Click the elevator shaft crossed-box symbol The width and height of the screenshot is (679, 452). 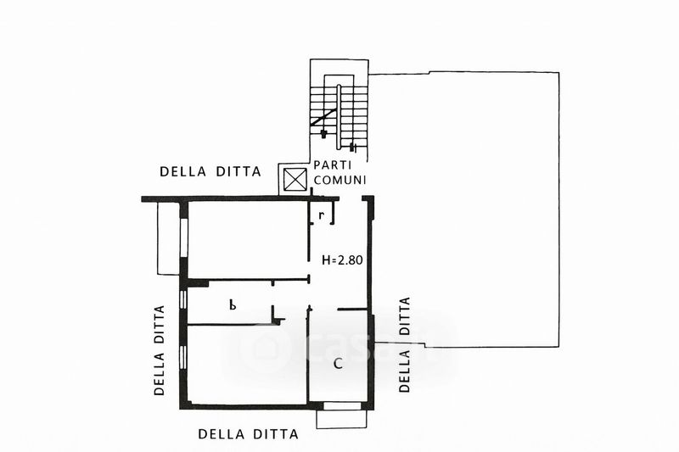(295, 179)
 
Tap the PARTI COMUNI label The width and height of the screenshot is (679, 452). (339, 172)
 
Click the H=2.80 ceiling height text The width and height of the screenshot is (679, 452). (342, 260)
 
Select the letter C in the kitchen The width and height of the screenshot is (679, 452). (338, 363)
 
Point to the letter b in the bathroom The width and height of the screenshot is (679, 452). (233, 305)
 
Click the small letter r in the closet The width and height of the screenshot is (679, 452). (321, 215)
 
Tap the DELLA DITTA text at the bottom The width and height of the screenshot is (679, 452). (248, 434)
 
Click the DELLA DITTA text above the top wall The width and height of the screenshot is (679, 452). (210, 171)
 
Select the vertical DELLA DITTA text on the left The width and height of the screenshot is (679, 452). (160, 350)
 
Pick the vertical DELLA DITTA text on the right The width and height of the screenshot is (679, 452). (404, 345)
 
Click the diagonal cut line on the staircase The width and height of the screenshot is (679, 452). (323, 117)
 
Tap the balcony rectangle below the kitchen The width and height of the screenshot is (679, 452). (342, 419)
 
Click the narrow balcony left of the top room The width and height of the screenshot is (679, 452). (169, 237)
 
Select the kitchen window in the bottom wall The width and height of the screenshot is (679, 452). (342, 405)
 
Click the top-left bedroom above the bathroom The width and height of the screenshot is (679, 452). (248, 240)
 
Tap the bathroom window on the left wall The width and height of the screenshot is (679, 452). (183, 300)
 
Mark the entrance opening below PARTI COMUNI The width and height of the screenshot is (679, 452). (351, 199)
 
